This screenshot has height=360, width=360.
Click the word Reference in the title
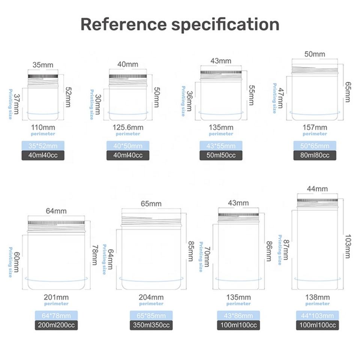point(123,24)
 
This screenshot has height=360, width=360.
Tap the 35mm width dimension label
point(43,65)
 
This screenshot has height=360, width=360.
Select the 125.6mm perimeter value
point(128,127)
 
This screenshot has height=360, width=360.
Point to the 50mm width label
point(315,54)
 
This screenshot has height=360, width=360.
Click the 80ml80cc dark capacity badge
point(315,155)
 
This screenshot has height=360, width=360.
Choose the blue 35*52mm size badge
point(43,146)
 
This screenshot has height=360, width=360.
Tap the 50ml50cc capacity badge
point(221,155)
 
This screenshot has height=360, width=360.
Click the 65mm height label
point(348,92)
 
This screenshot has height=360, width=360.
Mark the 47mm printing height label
point(280,98)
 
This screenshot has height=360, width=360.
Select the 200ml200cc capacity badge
point(56,325)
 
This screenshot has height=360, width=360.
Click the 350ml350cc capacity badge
point(151,325)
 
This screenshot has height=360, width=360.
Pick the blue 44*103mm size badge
point(317,316)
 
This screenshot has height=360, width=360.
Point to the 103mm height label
point(348,246)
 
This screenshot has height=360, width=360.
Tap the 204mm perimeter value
point(151,297)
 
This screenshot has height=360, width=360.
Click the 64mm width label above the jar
point(56,211)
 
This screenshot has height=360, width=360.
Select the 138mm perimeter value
point(317,297)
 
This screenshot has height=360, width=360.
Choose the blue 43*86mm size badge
point(238,316)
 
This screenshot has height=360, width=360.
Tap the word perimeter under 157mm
point(315,134)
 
